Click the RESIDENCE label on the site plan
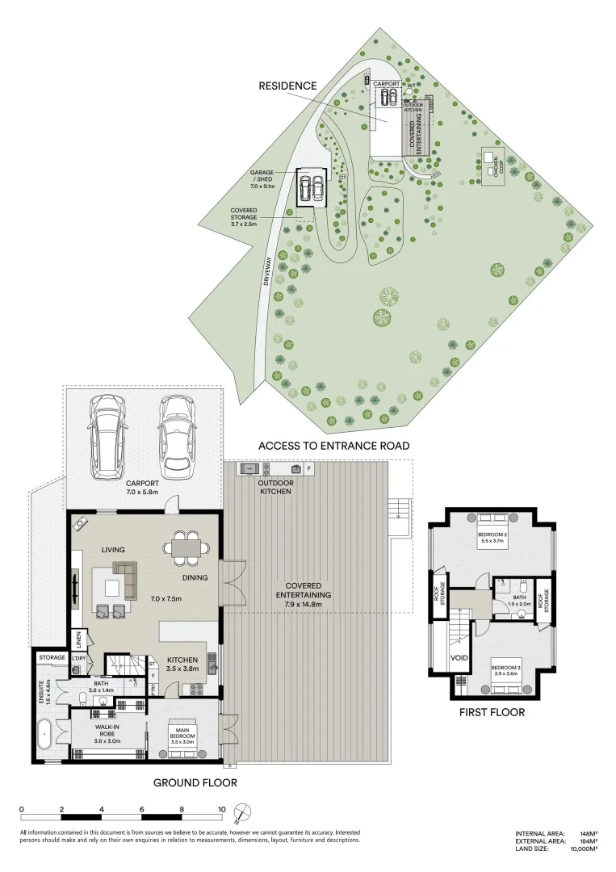pos(287,85)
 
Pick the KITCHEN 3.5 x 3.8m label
pos(182,664)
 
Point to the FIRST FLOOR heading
pos(492,712)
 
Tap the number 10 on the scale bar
pos(221,809)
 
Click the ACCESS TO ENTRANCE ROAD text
pos(333,446)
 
